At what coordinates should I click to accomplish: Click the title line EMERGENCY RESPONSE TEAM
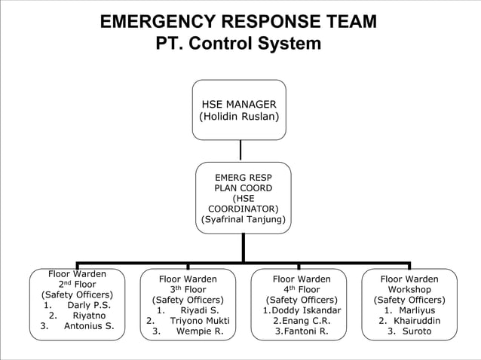point(239,22)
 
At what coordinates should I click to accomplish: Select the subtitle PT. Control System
point(238,44)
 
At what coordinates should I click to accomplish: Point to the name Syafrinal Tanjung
point(243,219)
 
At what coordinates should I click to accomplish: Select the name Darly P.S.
point(89,305)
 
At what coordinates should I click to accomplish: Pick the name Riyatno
point(89,316)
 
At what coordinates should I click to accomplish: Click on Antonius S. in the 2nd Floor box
point(89,326)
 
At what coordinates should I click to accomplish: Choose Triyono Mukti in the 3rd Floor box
point(200,320)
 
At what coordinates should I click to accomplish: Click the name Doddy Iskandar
point(306,310)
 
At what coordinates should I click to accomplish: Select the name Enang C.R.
point(306,320)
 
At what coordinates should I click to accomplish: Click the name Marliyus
point(415,310)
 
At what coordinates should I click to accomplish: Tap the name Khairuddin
point(417,320)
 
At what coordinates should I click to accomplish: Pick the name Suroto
point(417,331)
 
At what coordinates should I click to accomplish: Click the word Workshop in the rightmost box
point(409,289)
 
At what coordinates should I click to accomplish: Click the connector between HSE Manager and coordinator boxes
point(240,151)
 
